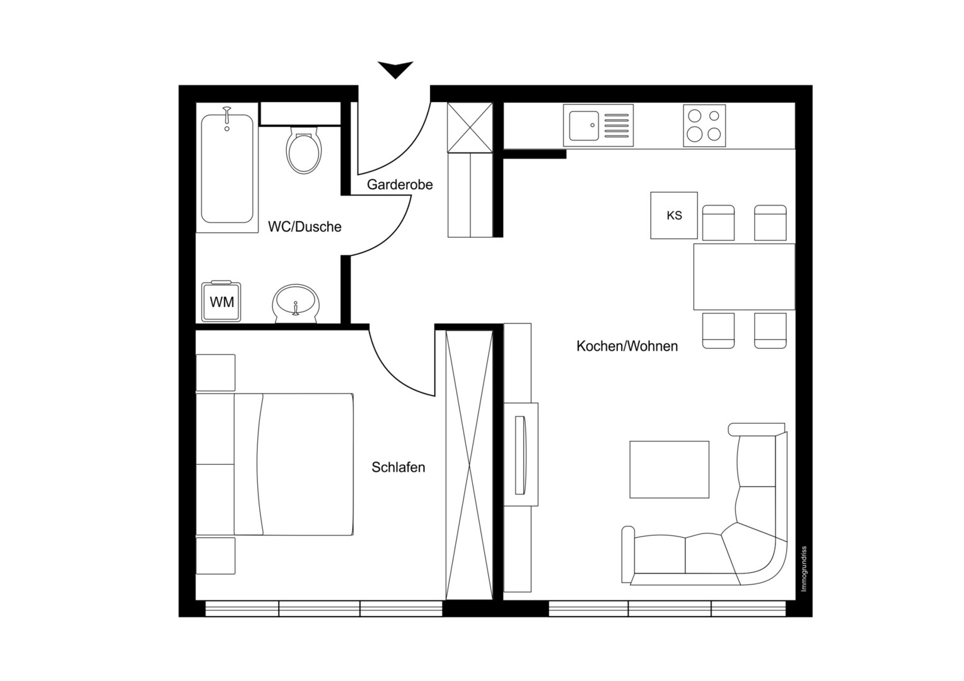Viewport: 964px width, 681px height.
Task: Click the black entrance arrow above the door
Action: click(x=395, y=69)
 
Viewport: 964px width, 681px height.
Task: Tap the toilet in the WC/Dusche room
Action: click(x=304, y=150)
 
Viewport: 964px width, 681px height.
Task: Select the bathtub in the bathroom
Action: click(x=227, y=168)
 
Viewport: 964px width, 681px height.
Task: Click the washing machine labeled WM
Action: click(x=221, y=301)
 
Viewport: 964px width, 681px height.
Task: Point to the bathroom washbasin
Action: click(x=296, y=303)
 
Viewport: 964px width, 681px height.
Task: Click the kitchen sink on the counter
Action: click(x=598, y=125)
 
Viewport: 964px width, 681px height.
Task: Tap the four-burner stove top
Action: click(x=704, y=125)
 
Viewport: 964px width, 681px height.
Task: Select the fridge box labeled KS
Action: click(x=674, y=215)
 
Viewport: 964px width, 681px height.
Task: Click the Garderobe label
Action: click(x=400, y=185)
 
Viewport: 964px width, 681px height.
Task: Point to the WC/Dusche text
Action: click(x=305, y=227)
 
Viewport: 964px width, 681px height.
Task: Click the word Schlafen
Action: click(x=398, y=467)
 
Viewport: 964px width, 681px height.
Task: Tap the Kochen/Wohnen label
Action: click(x=627, y=346)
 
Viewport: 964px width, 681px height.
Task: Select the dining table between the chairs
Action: click(x=744, y=276)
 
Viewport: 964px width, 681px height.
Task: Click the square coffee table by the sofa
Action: click(x=669, y=470)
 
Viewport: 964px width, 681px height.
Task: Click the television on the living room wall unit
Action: click(x=521, y=455)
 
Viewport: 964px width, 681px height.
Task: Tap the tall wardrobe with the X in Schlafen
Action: click(x=469, y=465)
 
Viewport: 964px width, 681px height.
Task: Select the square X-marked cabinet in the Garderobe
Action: click(x=470, y=127)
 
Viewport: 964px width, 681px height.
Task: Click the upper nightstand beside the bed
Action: click(x=216, y=373)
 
